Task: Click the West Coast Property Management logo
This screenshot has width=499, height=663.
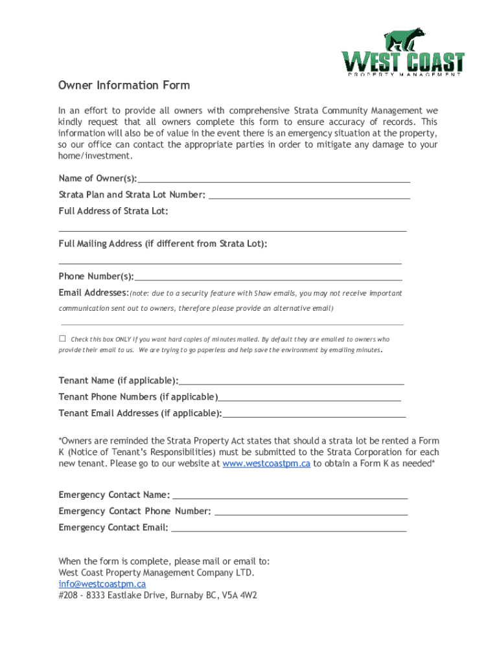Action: [x=403, y=53]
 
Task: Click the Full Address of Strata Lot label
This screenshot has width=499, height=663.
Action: [x=113, y=211]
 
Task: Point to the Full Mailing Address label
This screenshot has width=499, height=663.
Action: [x=163, y=244]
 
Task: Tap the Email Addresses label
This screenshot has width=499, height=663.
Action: [x=93, y=293]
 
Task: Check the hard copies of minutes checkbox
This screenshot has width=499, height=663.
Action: [x=63, y=339]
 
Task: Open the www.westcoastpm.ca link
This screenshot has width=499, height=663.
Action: [x=266, y=464]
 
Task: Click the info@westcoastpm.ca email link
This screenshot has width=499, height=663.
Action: [x=102, y=584]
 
